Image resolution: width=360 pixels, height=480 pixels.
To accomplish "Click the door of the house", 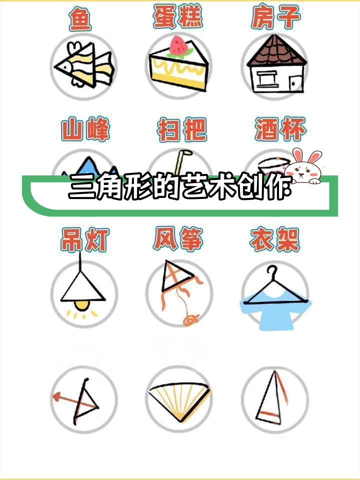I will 295,82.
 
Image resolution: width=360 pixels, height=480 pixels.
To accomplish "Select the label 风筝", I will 178,240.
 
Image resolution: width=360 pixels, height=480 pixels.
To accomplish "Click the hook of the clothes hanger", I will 271,273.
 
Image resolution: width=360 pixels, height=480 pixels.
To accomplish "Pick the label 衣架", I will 274,240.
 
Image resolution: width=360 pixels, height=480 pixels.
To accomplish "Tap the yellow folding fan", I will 177,397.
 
